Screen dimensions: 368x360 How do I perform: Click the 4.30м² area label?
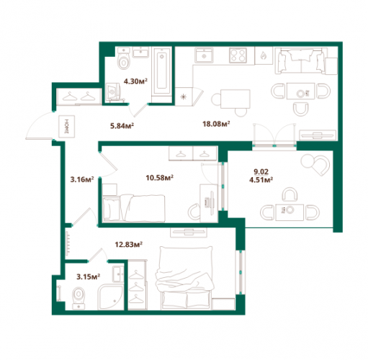click(x=135, y=81)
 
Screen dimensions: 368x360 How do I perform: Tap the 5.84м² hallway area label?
click(x=122, y=125)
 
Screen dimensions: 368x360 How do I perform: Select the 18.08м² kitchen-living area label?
click(x=216, y=124)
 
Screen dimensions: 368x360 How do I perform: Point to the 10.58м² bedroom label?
click(x=160, y=178)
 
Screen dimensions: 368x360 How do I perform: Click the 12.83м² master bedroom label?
click(x=129, y=245)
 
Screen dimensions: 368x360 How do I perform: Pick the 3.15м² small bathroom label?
click(x=88, y=276)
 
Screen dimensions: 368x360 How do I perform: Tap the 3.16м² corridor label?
click(x=82, y=179)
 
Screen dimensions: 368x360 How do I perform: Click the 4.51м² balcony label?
click(x=261, y=180)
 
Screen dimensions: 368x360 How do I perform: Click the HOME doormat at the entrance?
click(x=67, y=127)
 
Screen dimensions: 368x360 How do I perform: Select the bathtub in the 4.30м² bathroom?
click(x=162, y=71)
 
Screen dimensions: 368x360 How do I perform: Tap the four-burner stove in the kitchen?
click(x=238, y=55)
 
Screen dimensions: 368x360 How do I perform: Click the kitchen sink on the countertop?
click(x=204, y=55)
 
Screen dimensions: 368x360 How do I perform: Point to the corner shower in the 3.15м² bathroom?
click(x=110, y=297)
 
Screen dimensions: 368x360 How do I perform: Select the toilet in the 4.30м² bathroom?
click(x=124, y=58)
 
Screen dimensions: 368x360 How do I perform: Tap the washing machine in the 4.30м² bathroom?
click(x=113, y=92)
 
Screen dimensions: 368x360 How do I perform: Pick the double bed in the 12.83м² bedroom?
click(x=184, y=278)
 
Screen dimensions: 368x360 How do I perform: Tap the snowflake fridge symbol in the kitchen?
click(x=184, y=96)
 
